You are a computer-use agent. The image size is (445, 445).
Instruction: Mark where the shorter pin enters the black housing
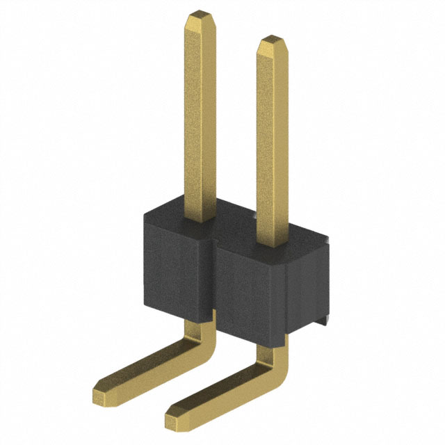271,245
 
